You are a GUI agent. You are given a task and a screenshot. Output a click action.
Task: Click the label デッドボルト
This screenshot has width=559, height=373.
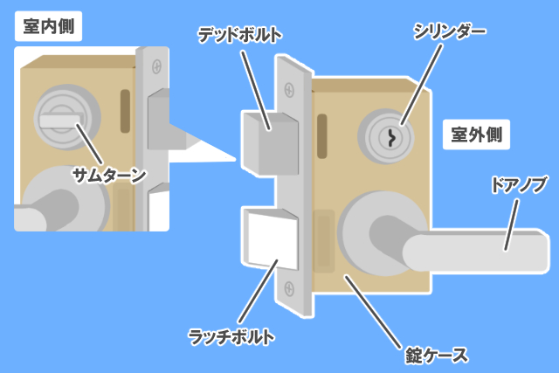(x=239, y=35)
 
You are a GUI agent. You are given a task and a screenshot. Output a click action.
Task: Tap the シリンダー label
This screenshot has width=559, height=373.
(x=449, y=35)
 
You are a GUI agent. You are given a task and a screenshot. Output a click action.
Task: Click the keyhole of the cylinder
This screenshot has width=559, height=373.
(x=391, y=137)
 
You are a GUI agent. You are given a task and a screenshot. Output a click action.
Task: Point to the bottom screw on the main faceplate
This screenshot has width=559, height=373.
(x=292, y=286)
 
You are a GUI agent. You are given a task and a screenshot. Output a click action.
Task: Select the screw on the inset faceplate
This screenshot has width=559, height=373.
(x=156, y=66)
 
